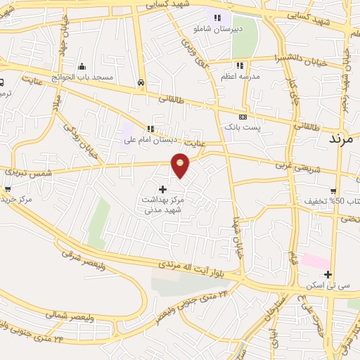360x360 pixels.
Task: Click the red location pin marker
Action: [x=181, y=165]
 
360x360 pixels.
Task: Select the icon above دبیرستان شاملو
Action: [x=218, y=18]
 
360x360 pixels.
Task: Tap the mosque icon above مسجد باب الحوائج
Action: [x=82, y=66]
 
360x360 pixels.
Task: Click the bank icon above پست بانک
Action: [x=243, y=116]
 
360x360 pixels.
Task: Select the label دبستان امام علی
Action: [x=149, y=139]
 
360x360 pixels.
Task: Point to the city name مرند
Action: [x=344, y=138]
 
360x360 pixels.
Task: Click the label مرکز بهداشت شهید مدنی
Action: [x=163, y=205]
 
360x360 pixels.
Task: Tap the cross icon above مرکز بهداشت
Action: [x=163, y=188]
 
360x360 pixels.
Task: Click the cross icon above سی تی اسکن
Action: [x=328, y=274]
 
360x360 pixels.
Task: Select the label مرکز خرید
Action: [x=17, y=200]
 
